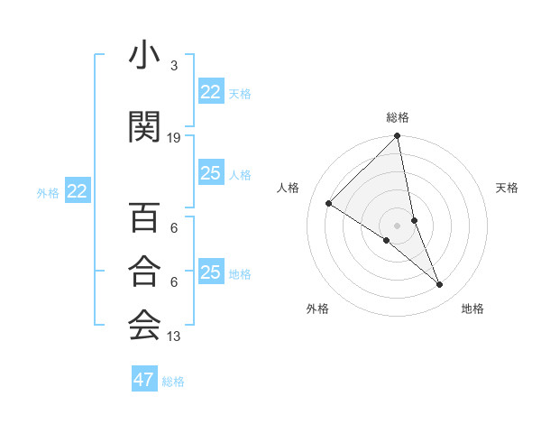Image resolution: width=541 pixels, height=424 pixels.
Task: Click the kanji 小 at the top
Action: point(145,56)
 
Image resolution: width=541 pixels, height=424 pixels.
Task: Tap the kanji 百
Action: point(145,218)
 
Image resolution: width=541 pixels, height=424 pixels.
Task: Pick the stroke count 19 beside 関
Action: point(174,138)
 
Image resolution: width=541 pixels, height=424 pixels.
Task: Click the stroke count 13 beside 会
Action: point(174,336)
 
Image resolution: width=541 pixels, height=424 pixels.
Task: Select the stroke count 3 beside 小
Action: point(174,66)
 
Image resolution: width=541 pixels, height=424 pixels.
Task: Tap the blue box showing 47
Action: point(144,380)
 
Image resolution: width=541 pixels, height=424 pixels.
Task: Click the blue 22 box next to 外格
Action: point(78,191)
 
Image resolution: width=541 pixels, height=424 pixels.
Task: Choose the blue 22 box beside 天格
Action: point(210,92)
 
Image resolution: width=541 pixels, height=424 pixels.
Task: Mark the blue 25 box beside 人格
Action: point(210,173)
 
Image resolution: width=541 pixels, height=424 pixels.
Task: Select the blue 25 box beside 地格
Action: point(210,272)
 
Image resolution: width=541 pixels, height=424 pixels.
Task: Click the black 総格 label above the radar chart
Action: point(398,117)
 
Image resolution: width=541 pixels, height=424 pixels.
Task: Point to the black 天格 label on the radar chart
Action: point(507,188)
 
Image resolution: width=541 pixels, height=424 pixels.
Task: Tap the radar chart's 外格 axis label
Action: point(317,309)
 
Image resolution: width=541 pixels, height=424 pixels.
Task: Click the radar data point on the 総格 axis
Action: point(398,136)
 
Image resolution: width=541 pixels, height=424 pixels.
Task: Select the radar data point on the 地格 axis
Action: point(440,285)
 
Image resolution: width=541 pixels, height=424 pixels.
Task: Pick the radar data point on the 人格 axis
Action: point(329,203)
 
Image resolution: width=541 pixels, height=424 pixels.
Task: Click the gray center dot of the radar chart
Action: point(398,225)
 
